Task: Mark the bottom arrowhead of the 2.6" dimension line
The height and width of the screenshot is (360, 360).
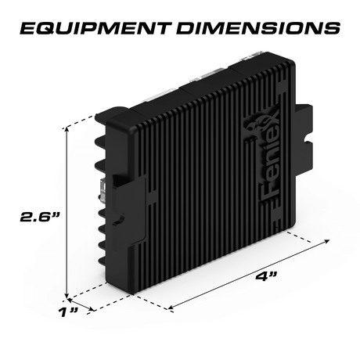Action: click(x=67, y=294)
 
